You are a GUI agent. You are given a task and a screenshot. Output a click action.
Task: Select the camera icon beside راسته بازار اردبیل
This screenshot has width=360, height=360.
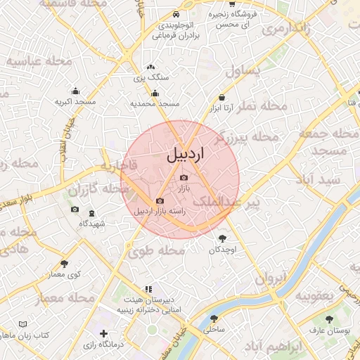(160, 201)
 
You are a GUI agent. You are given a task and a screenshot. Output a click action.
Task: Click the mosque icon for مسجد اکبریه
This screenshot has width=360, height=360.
(75, 91)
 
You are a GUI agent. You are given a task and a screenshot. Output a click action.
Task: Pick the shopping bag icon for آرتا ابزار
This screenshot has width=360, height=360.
(222, 98)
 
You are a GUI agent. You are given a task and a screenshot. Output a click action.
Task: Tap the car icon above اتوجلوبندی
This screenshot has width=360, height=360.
(176, 15)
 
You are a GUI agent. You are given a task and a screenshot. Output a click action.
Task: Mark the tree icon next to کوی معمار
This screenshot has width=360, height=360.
(65, 264)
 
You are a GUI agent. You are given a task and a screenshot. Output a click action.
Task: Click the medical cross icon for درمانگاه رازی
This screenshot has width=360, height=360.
(104, 333)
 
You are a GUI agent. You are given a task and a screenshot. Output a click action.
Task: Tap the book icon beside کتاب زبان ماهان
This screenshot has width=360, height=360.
(24, 325)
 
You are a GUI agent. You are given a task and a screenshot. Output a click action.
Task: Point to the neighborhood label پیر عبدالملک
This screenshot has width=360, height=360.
(244, 202)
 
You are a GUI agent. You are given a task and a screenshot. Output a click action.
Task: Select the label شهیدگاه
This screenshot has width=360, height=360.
(92, 224)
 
